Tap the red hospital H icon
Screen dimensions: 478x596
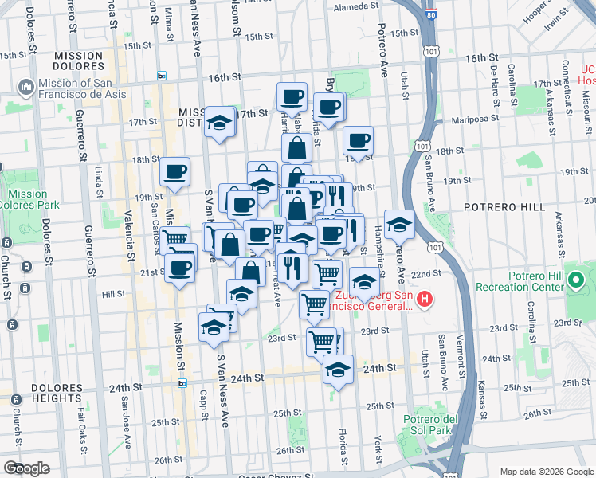click(425, 300)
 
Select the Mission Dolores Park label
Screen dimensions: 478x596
click(28, 198)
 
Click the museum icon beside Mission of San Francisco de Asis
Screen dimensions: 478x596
click(25, 85)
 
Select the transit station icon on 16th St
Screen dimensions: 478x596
click(162, 76)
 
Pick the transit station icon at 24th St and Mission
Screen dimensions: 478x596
click(182, 383)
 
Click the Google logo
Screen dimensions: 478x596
click(26, 468)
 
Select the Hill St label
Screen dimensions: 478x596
click(114, 294)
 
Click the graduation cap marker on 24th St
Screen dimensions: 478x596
click(338, 370)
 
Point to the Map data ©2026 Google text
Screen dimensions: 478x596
click(546, 471)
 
